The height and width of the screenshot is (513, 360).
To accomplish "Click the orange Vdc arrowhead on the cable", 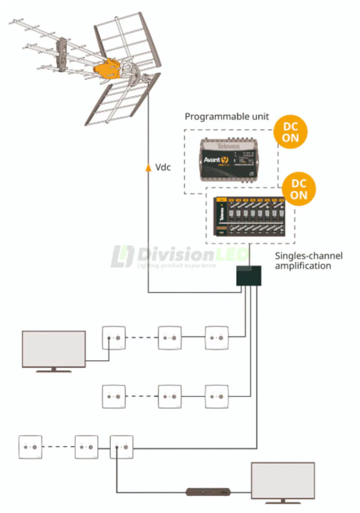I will pyautogui.click(x=148, y=167).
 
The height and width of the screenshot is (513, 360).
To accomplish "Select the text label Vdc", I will pyautogui.click(x=162, y=167).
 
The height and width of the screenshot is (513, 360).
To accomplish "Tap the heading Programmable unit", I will pyautogui.click(x=227, y=117).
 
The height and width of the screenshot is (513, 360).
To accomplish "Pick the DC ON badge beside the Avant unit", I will pyautogui.click(x=290, y=132).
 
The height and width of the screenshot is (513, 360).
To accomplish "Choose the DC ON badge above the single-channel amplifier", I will pyautogui.click(x=299, y=189).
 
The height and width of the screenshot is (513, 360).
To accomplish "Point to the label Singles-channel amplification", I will pyautogui.click(x=308, y=261).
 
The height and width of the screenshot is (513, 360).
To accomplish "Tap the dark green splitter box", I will pyautogui.click(x=249, y=276).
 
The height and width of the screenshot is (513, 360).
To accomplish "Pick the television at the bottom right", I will pyautogui.click(x=283, y=481).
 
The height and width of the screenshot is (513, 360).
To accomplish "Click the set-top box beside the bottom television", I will pyautogui.click(x=208, y=492).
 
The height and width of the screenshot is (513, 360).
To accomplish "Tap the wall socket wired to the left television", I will pyautogui.click(x=114, y=338).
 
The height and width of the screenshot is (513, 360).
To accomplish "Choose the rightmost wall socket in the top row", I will pyautogui.click(x=217, y=338).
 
